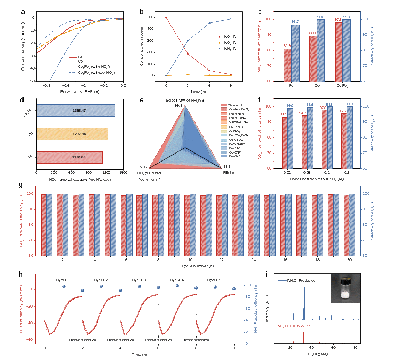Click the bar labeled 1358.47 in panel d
click(x=75, y=110)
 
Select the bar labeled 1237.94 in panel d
click(x=72, y=134)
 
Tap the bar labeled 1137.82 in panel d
click(x=69, y=157)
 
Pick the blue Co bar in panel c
click(x=321, y=50)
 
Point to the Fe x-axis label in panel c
click(x=292, y=85)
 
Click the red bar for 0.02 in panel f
click(x=284, y=142)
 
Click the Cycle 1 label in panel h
click(x=64, y=279)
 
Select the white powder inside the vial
click(x=342, y=294)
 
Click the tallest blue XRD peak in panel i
click(x=303, y=313)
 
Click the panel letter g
click(x=21, y=186)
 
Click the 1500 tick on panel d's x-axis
click(x=123, y=173)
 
